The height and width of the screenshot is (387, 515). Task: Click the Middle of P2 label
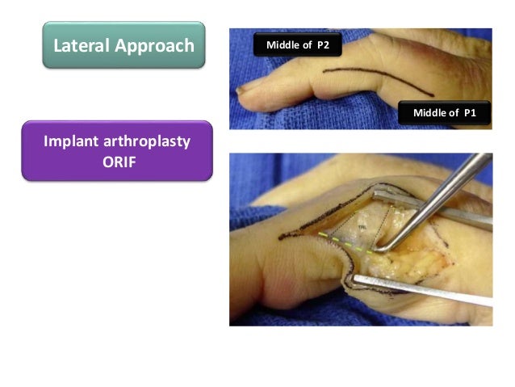click(298, 44)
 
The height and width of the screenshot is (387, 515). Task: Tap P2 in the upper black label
click(321, 44)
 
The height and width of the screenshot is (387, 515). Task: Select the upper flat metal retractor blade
click(436, 212)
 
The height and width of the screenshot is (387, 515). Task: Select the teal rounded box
click(124, 45)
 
